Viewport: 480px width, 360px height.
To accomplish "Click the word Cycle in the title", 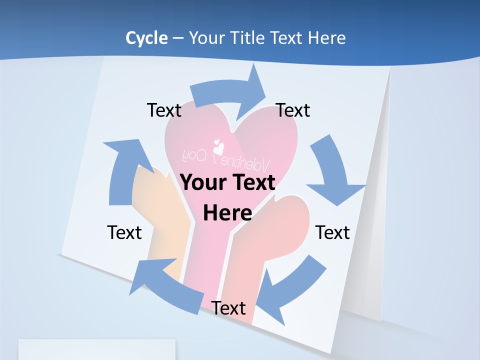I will tap(146, 38).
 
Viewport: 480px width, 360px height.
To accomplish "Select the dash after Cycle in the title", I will tap(178, 38).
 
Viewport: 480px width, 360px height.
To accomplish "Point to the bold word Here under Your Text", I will tap(227, 213).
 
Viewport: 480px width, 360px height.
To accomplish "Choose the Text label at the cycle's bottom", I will tap(228, 308).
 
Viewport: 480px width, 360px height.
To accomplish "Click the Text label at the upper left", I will tap(164, 110).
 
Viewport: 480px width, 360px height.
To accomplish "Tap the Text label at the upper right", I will tap(293, 110).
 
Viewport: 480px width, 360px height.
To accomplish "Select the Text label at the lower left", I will tap(124, 232).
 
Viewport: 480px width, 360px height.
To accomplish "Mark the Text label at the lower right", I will tap(332, 232).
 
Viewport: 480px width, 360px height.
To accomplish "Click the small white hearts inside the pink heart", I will tap(218, 147).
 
